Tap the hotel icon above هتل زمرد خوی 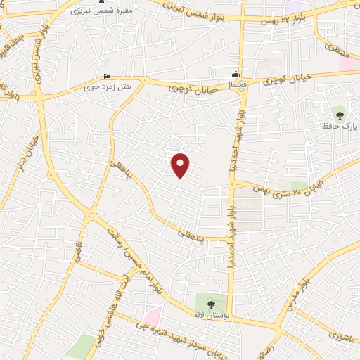point(106,76)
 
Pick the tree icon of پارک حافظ point(340,112)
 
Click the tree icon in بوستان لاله point(212,303)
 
